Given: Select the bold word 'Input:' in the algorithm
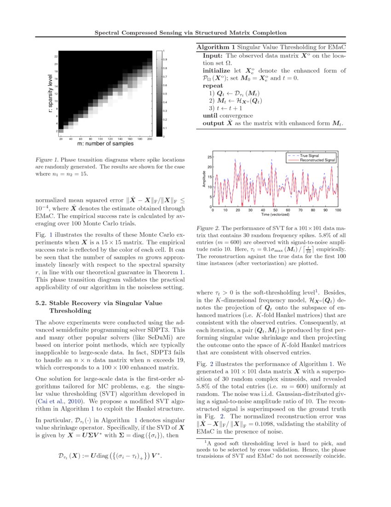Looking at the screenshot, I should [213, 55].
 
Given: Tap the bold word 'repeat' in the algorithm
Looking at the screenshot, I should [213, 86].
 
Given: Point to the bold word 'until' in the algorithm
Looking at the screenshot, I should [211, 116].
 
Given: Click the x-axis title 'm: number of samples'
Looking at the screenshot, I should [105, 144].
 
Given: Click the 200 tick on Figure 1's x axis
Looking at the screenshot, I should [149, 139].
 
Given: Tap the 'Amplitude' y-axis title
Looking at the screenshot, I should [204, 180].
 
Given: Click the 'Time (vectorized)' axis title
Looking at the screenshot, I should [275, 214].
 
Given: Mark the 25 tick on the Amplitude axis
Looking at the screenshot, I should [209, 157].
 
